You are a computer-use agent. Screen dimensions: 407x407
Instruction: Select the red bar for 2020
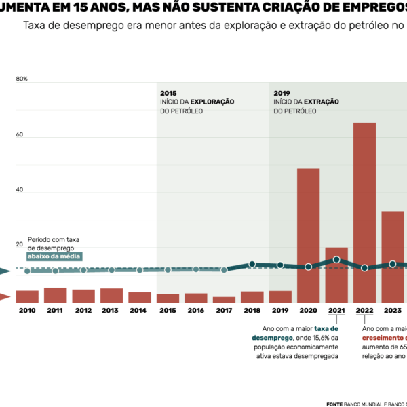pos(309,235)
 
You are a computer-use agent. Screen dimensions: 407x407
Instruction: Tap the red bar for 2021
pos(336,275)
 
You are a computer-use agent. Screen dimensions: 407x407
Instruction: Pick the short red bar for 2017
pos(224,299)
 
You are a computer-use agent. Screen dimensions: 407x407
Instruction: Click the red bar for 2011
pos(56,295)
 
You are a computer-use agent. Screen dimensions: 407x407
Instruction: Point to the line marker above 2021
pos(336,260)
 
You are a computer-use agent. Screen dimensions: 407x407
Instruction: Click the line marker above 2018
pos(252,264)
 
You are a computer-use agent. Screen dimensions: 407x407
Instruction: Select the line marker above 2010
pos(28,271)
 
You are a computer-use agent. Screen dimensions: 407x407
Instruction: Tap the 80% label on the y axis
pos(22,79)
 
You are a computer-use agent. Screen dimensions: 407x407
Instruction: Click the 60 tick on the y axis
pos(20,135)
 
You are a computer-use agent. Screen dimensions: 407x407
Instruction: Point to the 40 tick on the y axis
pos(20,190)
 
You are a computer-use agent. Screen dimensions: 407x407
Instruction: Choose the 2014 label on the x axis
pos(139,311)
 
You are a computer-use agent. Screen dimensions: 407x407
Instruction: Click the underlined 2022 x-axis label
pos(364,311)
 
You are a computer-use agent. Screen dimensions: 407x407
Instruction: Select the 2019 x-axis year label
pos(280,311)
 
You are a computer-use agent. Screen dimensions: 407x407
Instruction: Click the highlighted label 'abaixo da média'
pos(54,256)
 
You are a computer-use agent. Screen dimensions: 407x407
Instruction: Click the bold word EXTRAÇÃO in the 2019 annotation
pos(320,102)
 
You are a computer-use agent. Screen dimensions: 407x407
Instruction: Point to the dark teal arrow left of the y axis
pos(4,271)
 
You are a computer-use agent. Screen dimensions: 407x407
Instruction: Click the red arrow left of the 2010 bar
pos(4,296)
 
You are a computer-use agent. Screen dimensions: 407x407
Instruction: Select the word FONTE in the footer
pos(334,403)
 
